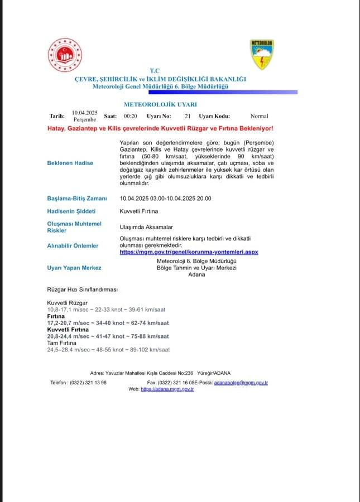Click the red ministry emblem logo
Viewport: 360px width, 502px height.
point(65,56)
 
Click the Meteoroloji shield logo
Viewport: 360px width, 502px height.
point(261,55)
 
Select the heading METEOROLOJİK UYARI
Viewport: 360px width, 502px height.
point(160,104)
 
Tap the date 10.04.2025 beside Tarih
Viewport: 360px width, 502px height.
point(85,113)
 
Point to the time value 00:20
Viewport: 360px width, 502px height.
point(131,116)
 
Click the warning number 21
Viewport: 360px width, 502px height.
point(188,116)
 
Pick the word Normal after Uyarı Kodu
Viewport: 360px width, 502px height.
point(259,116)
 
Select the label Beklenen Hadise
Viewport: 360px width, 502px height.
point(70,163)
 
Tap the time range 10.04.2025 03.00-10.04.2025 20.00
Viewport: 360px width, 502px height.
point(165,198)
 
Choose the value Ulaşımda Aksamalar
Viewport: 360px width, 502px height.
point(146,227)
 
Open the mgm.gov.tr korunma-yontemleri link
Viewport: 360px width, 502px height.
point(189,252)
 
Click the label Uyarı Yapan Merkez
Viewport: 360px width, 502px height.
point(74,268)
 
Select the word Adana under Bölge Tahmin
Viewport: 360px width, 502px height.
point(197,274)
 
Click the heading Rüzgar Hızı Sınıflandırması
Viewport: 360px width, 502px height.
point(82,289)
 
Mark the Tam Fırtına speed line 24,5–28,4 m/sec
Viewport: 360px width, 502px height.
point(108,350)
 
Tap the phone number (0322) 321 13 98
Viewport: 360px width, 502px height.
point(87,382)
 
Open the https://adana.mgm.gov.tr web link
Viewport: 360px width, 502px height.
point(167,389)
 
